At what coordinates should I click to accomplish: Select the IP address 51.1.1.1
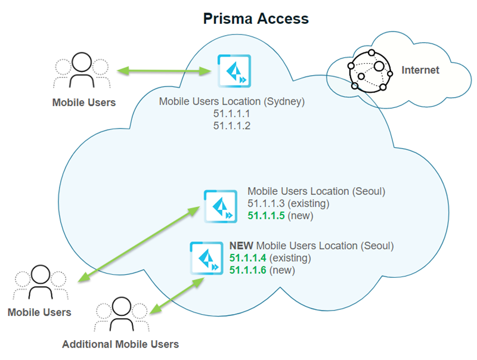coord(232,113)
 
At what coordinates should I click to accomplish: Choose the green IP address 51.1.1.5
coord(266,215)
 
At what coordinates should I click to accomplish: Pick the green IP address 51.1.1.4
coord(248,258)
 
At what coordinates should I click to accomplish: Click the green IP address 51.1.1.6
coord(248,270)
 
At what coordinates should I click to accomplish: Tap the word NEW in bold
coord(241,246)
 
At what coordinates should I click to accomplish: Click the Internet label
coord(420,70)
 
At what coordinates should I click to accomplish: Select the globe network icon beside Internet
coord(370,69)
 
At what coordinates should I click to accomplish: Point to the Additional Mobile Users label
coord(120,344)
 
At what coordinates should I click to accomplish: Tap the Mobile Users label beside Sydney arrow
coord(84,103)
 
